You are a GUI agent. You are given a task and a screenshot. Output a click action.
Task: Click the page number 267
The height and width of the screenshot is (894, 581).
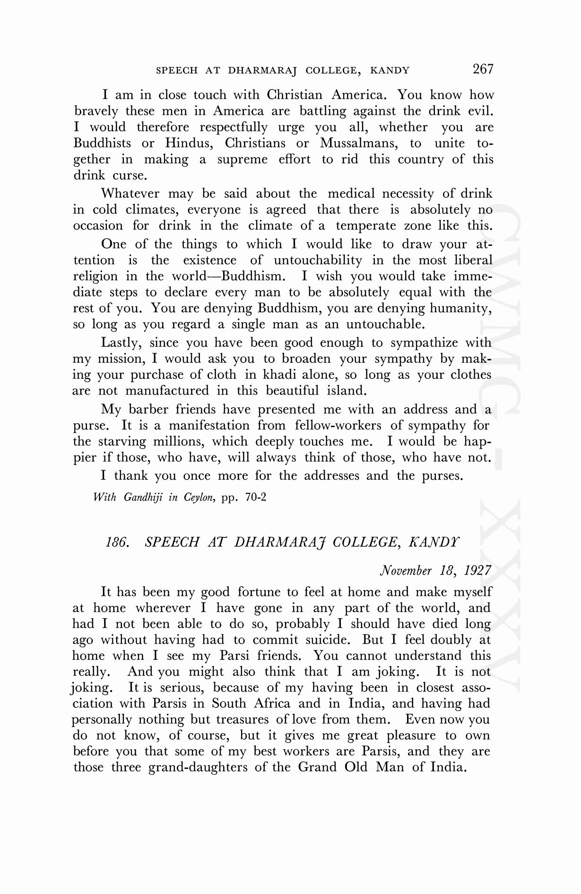[x=483, y=69]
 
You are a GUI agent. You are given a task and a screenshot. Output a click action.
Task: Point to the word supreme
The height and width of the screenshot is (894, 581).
[x=242, y=160]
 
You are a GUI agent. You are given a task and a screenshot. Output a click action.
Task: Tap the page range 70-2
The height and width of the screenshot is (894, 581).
[x=256, y=498]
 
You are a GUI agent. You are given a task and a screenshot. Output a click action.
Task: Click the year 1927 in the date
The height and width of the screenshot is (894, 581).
[x=477, y=570]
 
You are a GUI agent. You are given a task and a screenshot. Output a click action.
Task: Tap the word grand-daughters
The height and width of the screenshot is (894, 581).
[x=198, y=767]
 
